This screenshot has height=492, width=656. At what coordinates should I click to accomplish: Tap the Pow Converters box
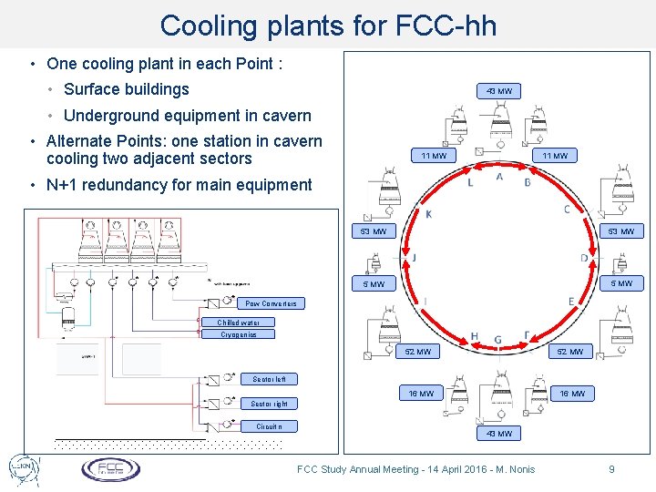tap(271, 303)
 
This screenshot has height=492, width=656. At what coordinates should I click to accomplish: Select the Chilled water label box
tap(238, 323)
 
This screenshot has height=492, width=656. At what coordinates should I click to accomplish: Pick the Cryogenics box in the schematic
tap(239, 334)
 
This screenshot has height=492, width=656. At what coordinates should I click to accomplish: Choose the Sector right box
tap(269, 404)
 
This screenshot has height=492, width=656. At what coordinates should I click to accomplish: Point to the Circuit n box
tap(269, 425)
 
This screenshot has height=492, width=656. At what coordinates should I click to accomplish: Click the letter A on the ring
tap(499, 177)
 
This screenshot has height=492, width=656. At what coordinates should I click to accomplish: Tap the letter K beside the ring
tap(429, 214)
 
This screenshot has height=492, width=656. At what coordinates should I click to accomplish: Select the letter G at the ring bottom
tap(497, 340)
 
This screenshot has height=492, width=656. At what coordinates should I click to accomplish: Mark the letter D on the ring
tap(584, 259)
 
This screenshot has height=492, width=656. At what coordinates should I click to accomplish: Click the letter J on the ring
tap(415, 259)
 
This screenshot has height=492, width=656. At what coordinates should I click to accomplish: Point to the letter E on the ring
tap(571, 302)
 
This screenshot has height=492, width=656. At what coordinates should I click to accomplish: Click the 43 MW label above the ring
tap(499, 91)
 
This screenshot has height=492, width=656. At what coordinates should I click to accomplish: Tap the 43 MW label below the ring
tap(499, 434)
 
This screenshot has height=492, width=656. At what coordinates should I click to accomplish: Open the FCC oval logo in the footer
tap(111, 469)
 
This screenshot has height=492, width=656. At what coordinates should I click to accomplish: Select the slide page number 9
tap(612, 469)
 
